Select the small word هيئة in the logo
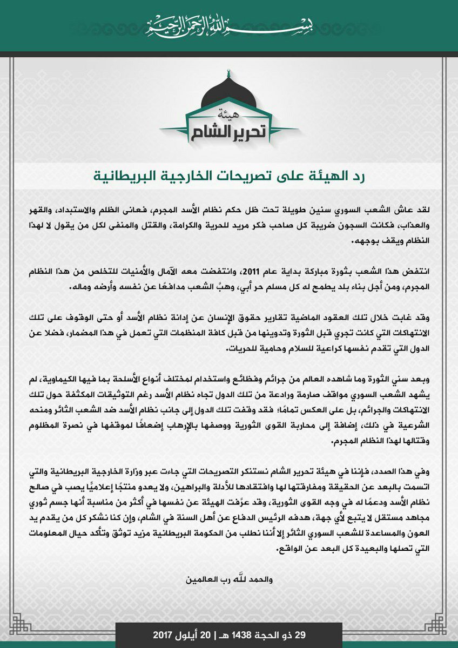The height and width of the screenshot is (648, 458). pos(229,115)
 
